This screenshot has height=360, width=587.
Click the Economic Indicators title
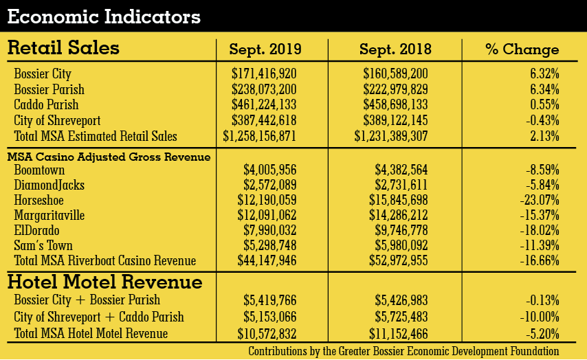pyautogui.click(x=104, y=16)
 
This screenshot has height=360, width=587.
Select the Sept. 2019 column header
pyautogui.click(x=265, y=49)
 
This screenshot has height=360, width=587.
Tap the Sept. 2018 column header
pyautogui.click(x=395, y=49)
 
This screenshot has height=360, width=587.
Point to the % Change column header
pyautogui.click(x=522, y=49)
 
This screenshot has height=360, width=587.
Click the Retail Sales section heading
pyautogui.click(x=63, y=48)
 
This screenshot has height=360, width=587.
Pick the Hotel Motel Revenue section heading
pyautogui.click(x=104, y=282)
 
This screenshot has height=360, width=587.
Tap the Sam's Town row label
pyautogui.click(x=43, y=245)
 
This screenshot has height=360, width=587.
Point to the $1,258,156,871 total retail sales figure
pyautogui.click(x=260, y=136)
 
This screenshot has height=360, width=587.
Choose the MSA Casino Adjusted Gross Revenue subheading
pyautogui.click(x=109, y=157)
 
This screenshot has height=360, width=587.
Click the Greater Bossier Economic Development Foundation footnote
pyautogui.click(x=413, y=351)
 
